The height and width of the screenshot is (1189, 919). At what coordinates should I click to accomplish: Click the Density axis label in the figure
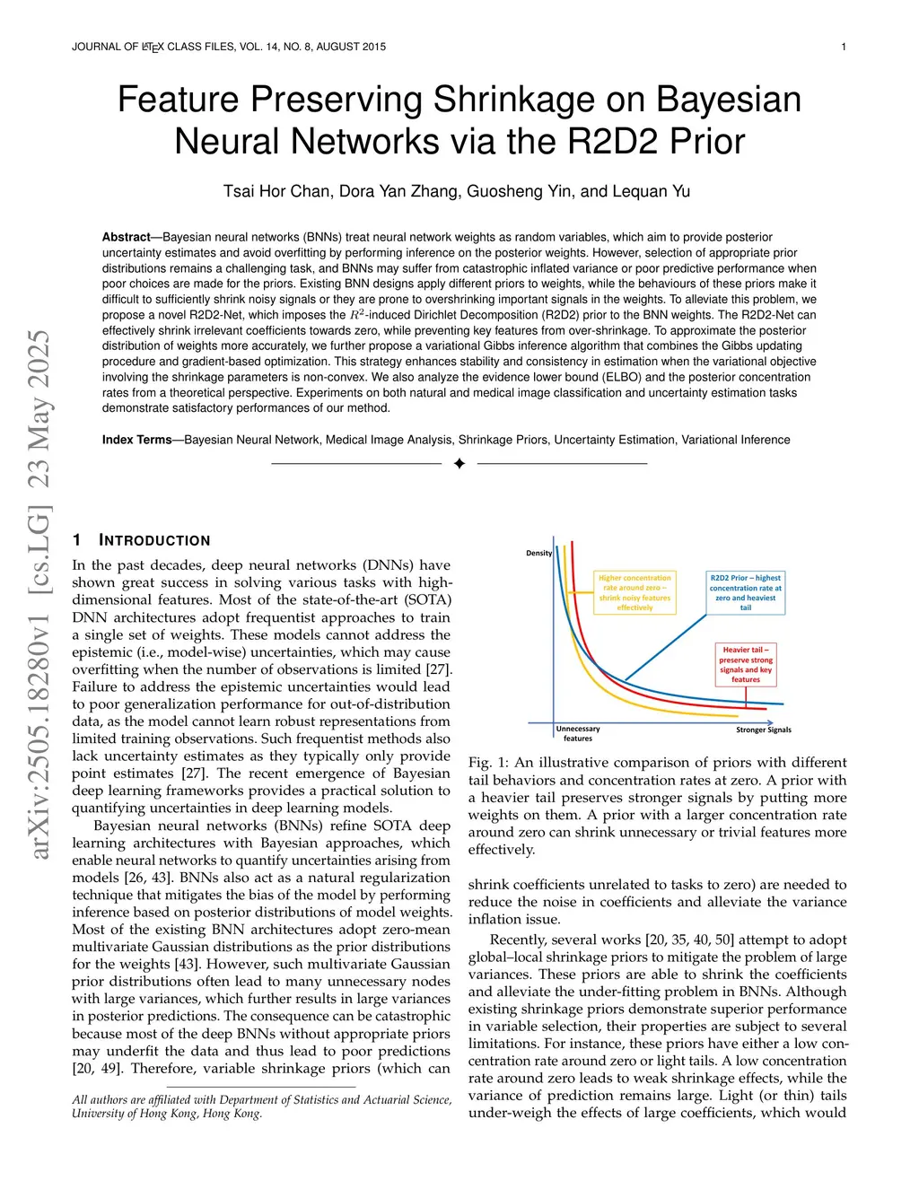coord(538,553)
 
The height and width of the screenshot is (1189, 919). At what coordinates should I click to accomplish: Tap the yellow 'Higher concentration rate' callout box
coord(635,592)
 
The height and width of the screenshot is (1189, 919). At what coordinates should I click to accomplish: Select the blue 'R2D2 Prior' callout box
coord(745,592)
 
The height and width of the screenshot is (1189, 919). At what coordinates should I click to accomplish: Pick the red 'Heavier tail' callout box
coord(745,664)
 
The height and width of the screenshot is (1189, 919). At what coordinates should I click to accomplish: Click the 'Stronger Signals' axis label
coord(763,730)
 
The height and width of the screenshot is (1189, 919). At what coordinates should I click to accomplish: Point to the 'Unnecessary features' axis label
coord(578,733)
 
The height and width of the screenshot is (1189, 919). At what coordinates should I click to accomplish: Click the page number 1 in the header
coord(843,47)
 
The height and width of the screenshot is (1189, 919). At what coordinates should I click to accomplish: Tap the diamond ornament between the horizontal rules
coord(459,463)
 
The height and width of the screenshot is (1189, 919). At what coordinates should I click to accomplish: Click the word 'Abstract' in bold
coord(126,237)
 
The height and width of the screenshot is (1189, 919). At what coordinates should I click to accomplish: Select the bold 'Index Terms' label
coord(136,440)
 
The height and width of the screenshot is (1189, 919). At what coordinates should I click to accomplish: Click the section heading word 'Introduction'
coord(154,540)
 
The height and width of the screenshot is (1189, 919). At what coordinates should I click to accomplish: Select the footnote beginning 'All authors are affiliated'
coord(261,1106)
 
